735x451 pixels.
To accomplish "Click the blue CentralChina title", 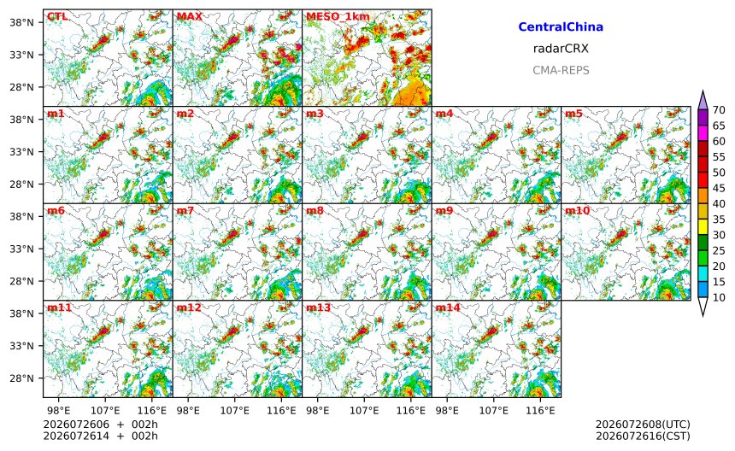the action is tap(561, 26).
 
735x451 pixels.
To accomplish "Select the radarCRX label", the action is tap(561, 48).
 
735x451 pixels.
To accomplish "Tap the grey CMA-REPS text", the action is tap(561, 70).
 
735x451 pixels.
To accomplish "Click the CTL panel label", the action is tap(57, 16).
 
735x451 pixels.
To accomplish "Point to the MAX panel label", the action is tap(190, 16).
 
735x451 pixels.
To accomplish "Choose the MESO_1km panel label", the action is tap(338, 17).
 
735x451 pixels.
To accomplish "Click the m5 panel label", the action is tap(573, 114).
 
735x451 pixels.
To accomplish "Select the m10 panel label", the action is tap(577, 210).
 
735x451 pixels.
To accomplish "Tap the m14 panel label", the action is tap(448, 307).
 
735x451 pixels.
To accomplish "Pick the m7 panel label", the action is tap(185, 210).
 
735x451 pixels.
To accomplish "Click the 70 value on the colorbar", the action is tap(719, 110).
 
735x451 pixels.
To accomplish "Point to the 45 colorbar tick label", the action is tap(719, 188).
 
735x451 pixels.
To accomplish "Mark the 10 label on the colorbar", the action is tap(719, 297).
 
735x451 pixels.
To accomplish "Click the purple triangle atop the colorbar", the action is tap(703, 101).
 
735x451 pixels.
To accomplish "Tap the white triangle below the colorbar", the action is tap(703, 307).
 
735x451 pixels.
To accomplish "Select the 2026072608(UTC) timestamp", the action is tap(643, 425).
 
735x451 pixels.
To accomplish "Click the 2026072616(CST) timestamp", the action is tap(643, 436).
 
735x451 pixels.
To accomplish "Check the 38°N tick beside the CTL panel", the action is tap(22, 22).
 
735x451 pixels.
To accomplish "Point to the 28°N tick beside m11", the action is tap(22, 378).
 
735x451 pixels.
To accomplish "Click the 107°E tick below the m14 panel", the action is tap(494, 411).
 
